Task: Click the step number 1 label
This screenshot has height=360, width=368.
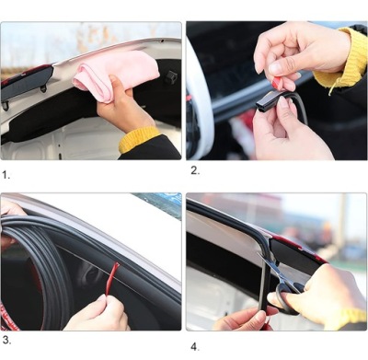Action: [6, 175]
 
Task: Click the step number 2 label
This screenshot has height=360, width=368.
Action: [195, 170]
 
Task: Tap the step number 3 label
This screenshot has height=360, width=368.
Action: [6, 340]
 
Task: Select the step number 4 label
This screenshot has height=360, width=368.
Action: [195, 347]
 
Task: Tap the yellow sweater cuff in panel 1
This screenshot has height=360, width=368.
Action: [139, 139]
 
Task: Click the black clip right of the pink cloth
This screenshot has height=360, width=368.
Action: [171, 78]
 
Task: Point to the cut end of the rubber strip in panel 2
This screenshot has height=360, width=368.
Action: [261, 104]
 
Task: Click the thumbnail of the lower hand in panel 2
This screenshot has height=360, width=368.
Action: [282, 103]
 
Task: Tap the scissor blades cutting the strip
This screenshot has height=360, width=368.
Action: [270, 268]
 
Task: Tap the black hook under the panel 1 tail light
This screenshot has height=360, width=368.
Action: [5, 106]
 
